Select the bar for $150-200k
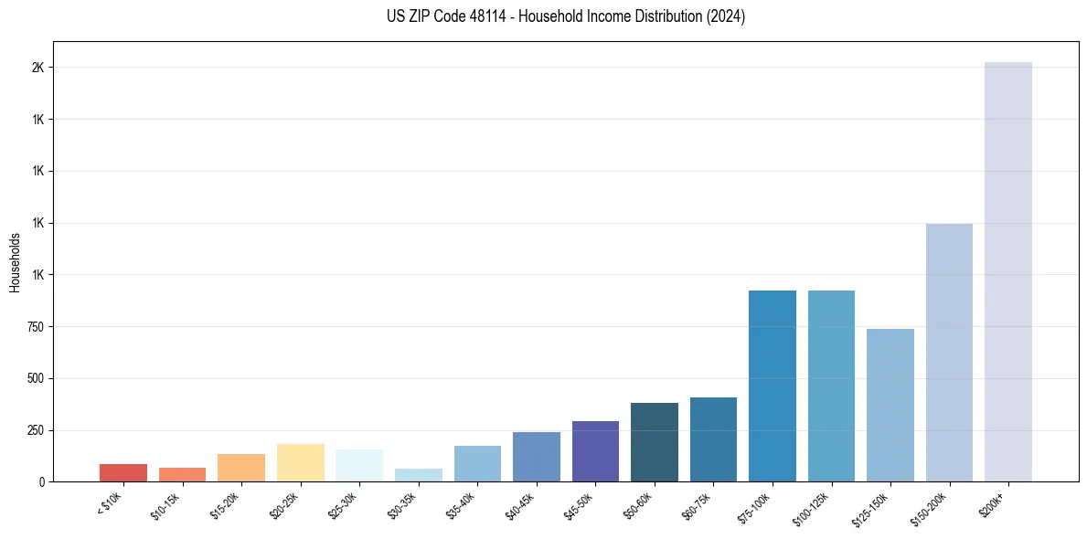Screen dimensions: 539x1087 click(x=949, y=353)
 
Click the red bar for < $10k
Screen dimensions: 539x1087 click(x=123, y=472)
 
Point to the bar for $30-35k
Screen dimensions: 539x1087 click(x=419, y=475)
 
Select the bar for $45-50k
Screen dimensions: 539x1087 click(x=595, y=451)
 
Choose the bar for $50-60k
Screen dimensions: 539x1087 click(x=655, y=442)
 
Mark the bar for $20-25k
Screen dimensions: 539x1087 click(x=301, y=462)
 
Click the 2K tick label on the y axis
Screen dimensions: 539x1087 click(x=38, y=68)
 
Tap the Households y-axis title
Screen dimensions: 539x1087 click(x=16, y=262)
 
